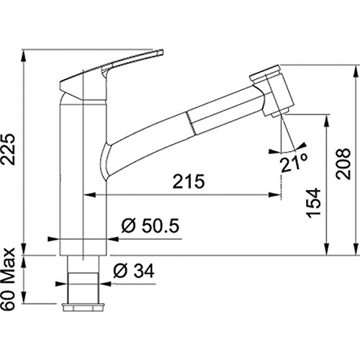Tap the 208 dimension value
point(343,163)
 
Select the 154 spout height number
point(314,203)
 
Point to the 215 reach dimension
point(189,181)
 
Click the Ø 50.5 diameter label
point(150,226)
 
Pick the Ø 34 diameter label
point(134,271)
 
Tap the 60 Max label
point(9,279)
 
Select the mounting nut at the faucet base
point(83,307)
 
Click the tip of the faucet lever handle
point(161,51)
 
